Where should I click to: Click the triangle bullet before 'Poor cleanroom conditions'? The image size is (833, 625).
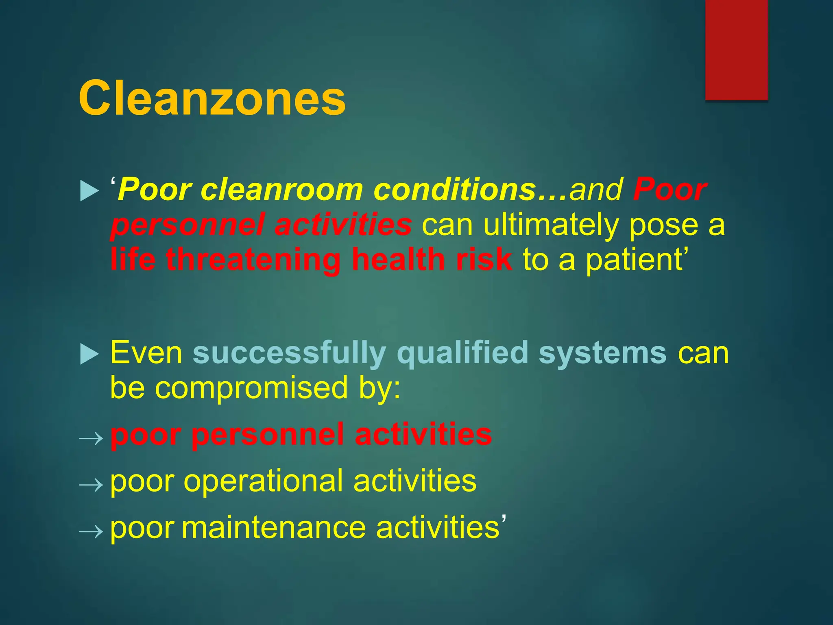pyautogui.click(x=89, y=191)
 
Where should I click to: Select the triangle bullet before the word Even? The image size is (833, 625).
pyautogui.click(x=89, y=354)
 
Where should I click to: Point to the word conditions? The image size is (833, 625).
pyautogui.click(x=454, y=190)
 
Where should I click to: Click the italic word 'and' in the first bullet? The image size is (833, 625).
pyautogui.click(x=596, y=190)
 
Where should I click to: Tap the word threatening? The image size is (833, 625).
pyautogui.click(x=253, y=260)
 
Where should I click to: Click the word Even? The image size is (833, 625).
pyautogui.click(x=146, y=353)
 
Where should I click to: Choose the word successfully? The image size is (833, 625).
pyautogui.click(x=289, y=354)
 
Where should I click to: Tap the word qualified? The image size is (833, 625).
pyautogui.click(x=462, y=354)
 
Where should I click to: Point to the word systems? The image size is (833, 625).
pyautogui.click(x=602, y=354)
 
